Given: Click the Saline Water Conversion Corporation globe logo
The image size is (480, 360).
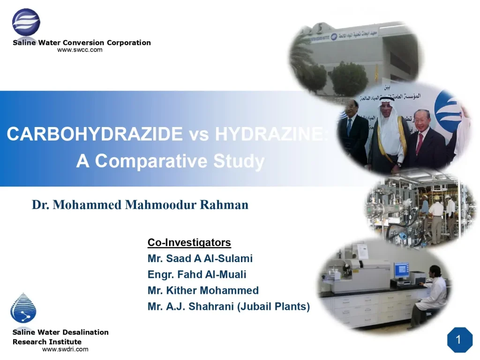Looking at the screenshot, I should (x=26, y=22).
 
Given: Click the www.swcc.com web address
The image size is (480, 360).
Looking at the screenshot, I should (x=80, y=50).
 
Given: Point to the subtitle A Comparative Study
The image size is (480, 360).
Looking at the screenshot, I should (x=170, y=161).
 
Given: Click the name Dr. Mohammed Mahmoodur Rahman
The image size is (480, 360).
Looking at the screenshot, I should (x=140, y=205).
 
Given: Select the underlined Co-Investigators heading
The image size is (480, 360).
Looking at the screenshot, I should (x=189, y=242).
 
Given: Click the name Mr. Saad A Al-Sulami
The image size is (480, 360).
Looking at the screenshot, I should (x=200, y=258).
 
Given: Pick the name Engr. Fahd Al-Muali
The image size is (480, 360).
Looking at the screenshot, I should (x=196, y=274).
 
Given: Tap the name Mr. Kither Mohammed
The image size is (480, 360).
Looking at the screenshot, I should (x=203, y=291).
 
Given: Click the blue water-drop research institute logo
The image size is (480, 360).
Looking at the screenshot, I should (x=23, y=308).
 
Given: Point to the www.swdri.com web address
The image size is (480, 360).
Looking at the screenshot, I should (x=65, y=349).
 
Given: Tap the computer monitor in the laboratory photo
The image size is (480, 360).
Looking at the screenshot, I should (x=401, y=270).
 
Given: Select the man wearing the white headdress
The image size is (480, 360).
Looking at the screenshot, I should (x=387, y=131).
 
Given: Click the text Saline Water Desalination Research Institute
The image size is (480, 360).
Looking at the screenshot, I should (x=60, y=337).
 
